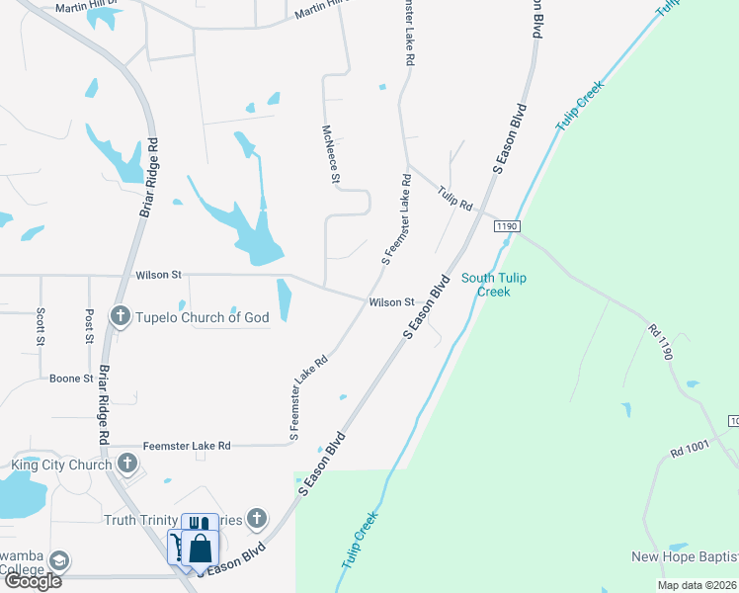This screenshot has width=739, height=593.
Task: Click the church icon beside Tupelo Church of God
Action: tap(121, 317)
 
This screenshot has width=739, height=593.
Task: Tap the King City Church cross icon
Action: tap(126, 464)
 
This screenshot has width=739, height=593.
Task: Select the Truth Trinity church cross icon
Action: tap(257, 518)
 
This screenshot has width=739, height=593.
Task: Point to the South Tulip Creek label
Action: tap(493, 285)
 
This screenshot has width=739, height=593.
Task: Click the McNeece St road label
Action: tap(331, 153)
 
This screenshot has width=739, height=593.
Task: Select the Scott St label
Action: tap(41, 326)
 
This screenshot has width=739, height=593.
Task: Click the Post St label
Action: tap(89, 325)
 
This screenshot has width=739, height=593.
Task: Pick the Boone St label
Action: tap(71, 379)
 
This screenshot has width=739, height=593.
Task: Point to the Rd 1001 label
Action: tap(690, 449)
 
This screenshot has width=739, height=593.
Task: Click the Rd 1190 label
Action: tap(660, 341)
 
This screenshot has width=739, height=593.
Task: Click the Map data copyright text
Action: tap(697, 585)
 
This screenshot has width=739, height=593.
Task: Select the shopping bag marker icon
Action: tap(200, 549)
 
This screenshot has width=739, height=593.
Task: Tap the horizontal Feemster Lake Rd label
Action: tap(187, 446)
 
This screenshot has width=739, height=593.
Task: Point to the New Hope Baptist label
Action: tap(685, 557)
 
